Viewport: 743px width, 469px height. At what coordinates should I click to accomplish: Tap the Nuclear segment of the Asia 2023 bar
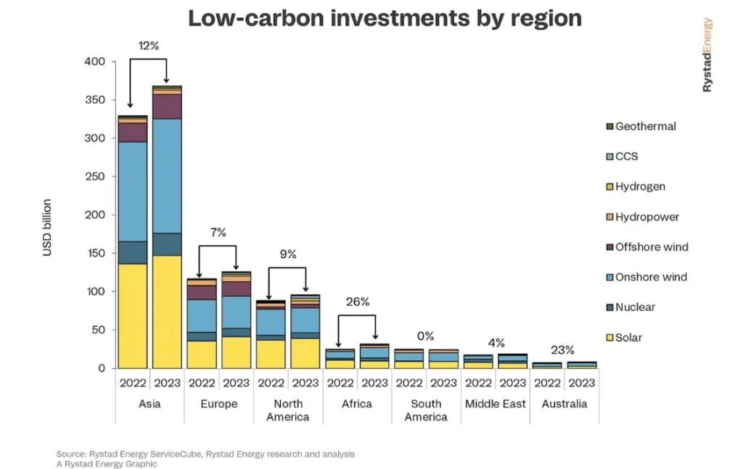(x=167, y=244)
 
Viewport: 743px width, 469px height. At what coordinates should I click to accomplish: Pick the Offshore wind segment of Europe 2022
(x=202, y=292)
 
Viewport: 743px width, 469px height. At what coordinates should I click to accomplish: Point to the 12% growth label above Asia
(x=149, y=46)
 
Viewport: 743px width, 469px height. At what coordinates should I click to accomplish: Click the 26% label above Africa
(x=357, y=302)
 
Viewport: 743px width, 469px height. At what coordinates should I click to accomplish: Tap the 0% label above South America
(x=425, y=336)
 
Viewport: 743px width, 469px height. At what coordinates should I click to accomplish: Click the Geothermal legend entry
(x=645, y=126)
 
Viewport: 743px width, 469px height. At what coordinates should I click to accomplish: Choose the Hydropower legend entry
(x=646, y=217)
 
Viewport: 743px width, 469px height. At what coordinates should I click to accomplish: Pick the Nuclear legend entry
(x=635, y=307)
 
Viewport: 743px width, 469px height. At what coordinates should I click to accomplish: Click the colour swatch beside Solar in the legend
(x=610, y=338)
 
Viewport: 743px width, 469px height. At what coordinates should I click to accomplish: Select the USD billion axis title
(x=48, y=227)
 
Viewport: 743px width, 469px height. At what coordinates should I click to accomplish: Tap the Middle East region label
(x=495, y=404)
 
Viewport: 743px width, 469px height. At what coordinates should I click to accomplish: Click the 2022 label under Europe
(x=202, y=383)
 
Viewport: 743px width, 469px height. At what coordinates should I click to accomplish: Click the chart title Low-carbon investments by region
(x=385, y=18)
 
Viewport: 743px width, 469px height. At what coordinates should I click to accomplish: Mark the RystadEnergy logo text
(x=707, y=55)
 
